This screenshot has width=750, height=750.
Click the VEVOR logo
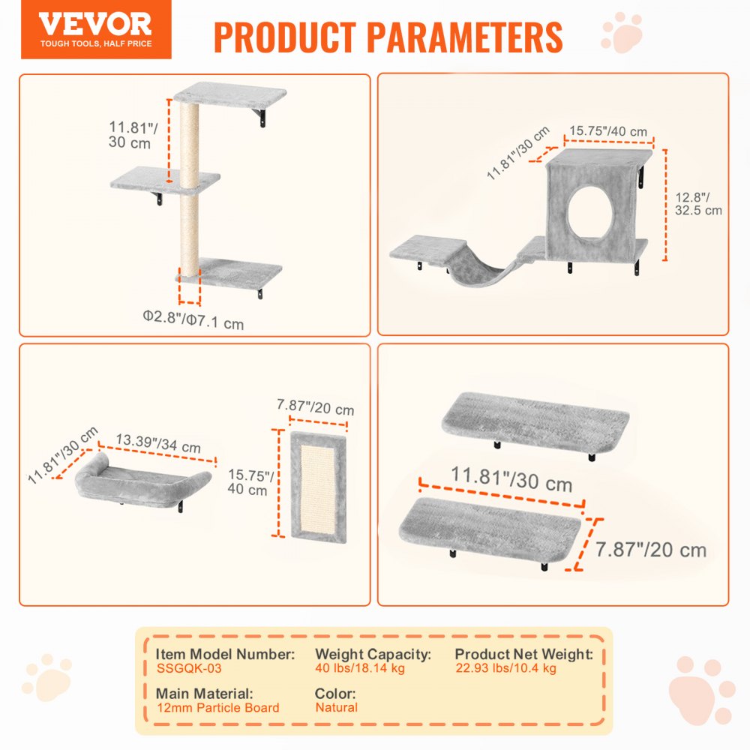coord(95,29)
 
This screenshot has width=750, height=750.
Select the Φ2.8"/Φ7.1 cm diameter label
coord(193,323)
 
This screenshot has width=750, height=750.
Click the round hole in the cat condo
coord(588,211)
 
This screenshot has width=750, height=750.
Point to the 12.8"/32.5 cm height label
coord(697,203)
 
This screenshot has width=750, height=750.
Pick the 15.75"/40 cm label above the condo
coord(607,131)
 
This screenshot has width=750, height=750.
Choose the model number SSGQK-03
coord(189,668)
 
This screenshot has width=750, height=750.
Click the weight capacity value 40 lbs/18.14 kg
coord(359,668)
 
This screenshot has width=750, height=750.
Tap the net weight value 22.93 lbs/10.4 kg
coord(505,668)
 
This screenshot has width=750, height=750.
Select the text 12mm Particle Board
coord(218,707)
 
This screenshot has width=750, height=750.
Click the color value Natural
coord(336,707)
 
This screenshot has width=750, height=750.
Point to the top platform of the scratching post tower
coord(230,97)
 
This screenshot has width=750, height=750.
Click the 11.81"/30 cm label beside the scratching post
coord(129,135)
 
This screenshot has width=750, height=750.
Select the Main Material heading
coord(204,694)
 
